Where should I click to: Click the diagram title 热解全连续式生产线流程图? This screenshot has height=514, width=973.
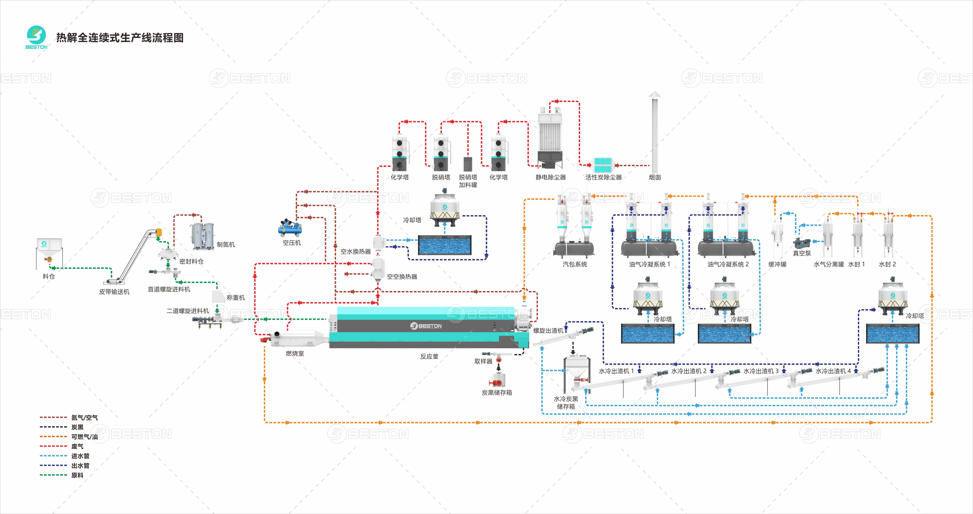pos(120,38)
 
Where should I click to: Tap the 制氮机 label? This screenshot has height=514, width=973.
pos(226,245)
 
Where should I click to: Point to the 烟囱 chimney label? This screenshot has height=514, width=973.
pos(655,177)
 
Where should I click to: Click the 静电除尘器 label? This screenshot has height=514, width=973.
pos(551,177)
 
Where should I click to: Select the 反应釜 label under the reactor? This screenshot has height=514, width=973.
pos(429,356)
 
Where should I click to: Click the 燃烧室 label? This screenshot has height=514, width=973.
pos(295,353)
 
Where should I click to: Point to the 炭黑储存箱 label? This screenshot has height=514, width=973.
pos(497,393)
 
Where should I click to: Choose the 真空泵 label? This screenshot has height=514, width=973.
pos(802,253)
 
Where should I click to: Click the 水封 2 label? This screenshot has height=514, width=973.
pos(887,264)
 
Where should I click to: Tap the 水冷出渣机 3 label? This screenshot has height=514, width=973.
pos(761,371)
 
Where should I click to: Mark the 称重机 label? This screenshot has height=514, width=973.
pos(236,298)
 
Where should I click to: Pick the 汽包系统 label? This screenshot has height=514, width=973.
pos(574,264)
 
